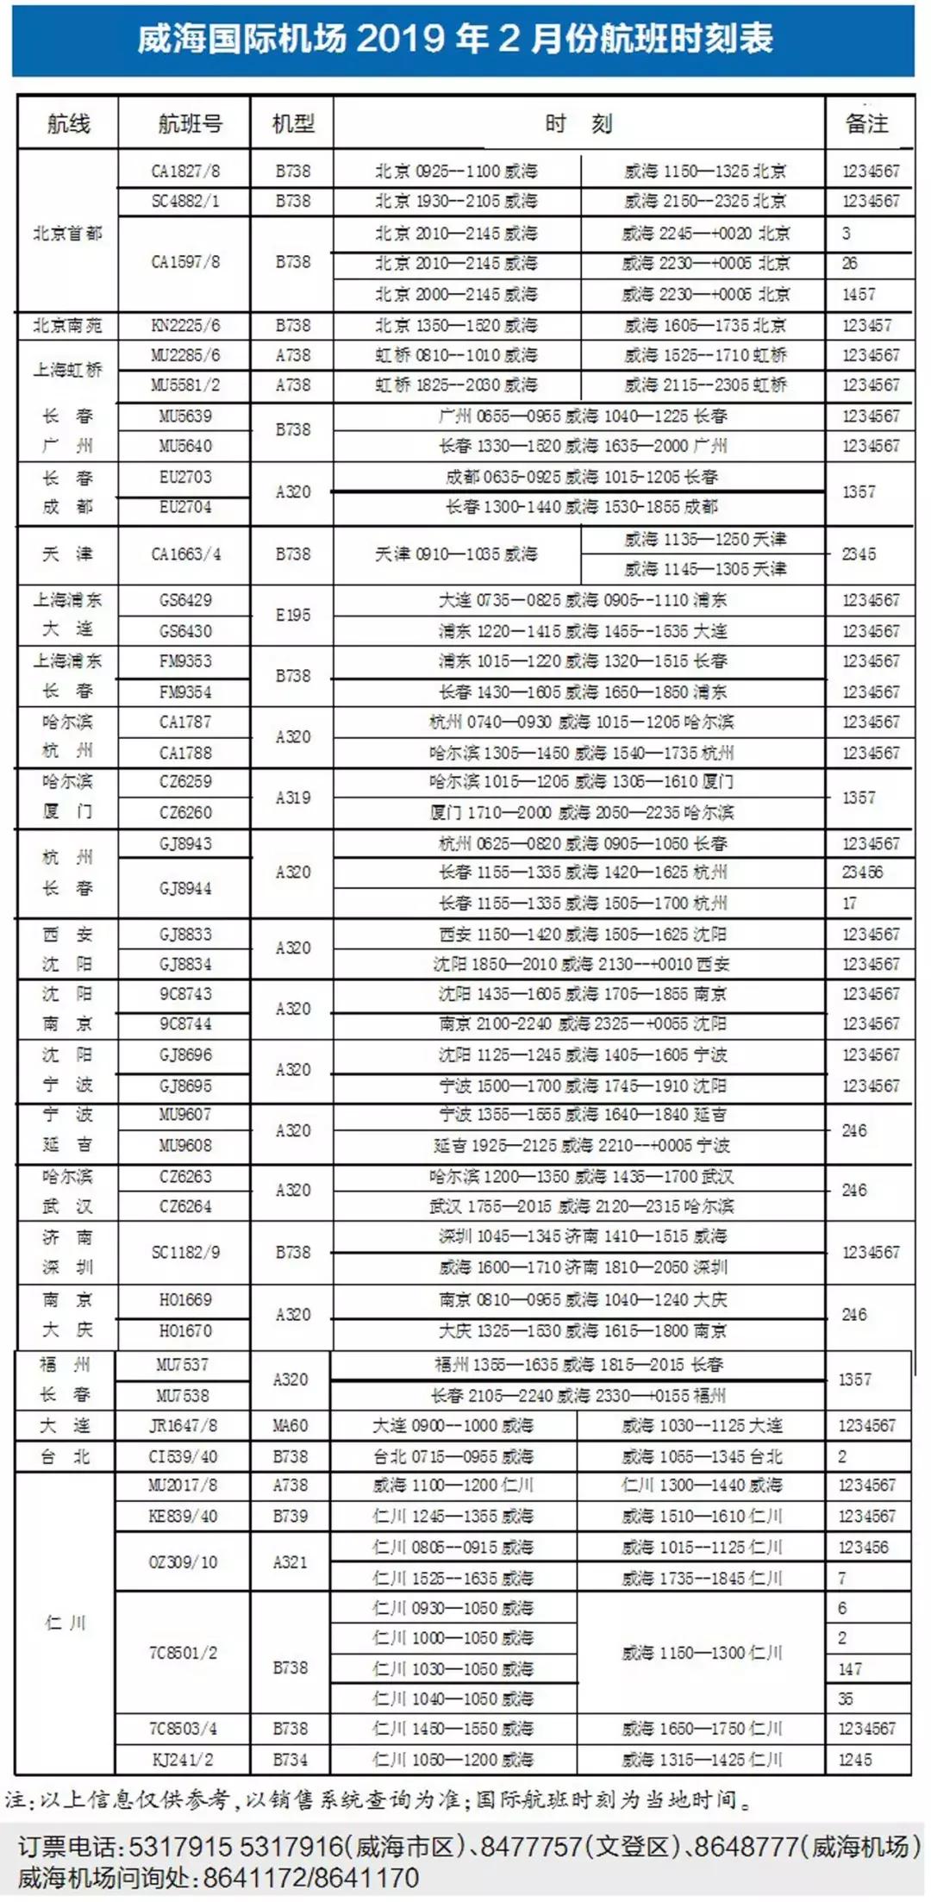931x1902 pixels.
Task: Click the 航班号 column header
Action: pos(190,123)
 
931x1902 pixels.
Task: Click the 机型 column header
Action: pos(293,123)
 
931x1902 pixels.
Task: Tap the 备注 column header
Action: pos(866,123)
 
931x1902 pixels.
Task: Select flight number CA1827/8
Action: pos(185,171)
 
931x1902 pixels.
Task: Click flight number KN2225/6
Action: pos(185,325)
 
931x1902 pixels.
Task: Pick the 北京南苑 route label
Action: pos(67,325)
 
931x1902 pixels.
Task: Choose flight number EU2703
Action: pos(185,477)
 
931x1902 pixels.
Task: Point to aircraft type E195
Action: pos(293,615)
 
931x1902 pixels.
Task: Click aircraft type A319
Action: pos(293,798)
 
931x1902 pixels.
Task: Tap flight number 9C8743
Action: pos(185,993)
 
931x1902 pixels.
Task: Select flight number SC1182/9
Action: pos(185,1252)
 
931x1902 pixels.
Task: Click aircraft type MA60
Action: pos(291,1425)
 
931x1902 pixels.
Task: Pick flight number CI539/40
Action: pos(183,1456)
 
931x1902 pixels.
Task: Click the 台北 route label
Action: pos(66,1456)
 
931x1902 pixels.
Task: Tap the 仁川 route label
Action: pos(66,1623)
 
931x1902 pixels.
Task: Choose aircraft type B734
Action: pos(291,1760)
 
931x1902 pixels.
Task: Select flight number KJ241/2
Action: pos(183,1760)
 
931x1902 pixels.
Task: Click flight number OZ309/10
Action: pos(183,1561)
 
